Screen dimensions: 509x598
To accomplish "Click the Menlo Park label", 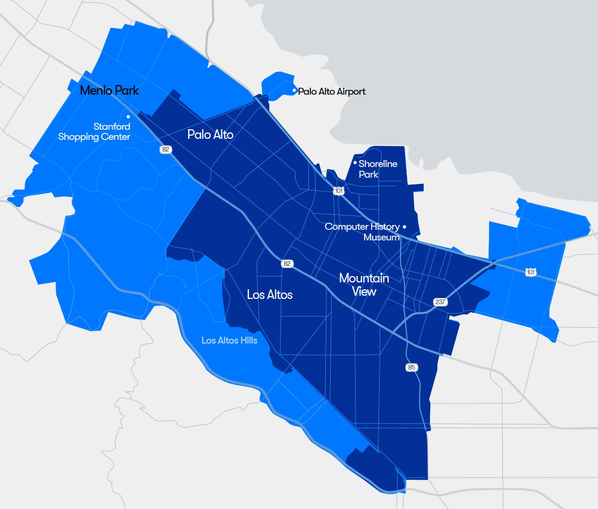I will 109,90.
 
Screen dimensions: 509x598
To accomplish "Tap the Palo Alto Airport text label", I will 332,91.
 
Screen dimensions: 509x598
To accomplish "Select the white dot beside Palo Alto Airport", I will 294,90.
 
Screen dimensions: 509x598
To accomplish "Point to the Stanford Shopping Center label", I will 94,132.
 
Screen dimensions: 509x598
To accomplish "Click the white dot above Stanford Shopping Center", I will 128,116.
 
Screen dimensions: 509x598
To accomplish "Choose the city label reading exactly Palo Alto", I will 210,135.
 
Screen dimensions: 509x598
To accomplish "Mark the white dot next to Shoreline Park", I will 355,163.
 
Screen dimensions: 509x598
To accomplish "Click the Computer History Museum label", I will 363,232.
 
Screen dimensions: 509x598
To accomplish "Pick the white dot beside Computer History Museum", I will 405,227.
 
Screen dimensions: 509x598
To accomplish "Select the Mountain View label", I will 364,285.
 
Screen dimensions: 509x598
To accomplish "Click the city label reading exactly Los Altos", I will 269,295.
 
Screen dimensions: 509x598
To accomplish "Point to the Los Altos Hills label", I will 229,340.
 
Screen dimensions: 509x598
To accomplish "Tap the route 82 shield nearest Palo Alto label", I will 166,149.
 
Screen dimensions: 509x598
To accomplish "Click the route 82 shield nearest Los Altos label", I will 287,263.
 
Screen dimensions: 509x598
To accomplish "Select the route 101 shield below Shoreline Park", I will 339,190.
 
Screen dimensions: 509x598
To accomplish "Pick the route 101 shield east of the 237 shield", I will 530,272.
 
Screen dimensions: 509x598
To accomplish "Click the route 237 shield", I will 440,302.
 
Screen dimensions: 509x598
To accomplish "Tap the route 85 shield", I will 411,368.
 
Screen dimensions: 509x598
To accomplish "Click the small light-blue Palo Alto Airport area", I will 276,85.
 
